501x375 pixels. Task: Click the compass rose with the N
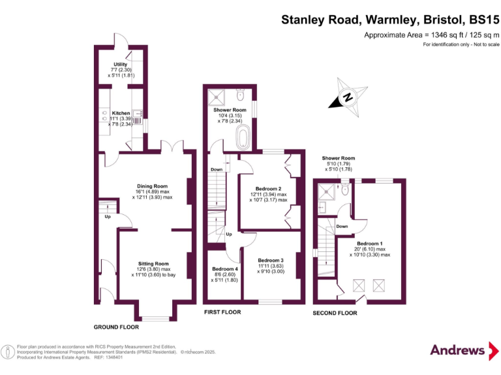348,98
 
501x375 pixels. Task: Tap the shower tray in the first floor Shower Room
217,97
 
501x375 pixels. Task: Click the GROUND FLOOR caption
116,326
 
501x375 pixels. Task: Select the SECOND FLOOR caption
335,313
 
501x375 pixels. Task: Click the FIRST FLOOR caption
222,312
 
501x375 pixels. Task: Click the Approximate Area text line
431,35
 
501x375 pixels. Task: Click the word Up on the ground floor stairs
107,217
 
